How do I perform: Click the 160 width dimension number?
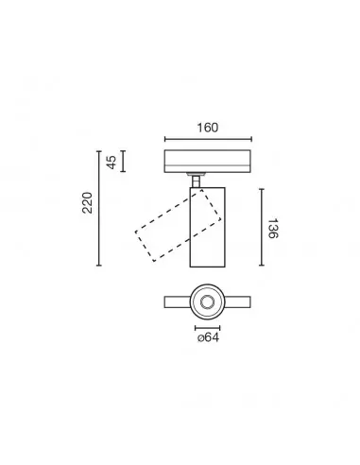click(208, 128)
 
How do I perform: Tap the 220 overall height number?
click(88, 203)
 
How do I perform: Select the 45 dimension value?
click(111, 163)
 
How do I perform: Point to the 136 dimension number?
click(272, 229)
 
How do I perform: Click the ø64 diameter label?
click(208, 337)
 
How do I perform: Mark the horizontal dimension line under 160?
click(208, 139)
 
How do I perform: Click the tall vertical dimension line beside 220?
click(99, 208)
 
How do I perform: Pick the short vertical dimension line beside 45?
click(123, 162)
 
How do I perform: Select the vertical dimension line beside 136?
click(262, 227)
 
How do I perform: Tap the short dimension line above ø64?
click(207, 328)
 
